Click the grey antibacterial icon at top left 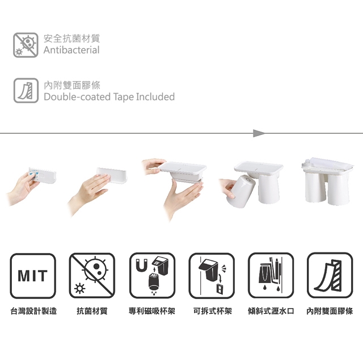(x=26, y=45)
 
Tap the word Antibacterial (x=71, y=50)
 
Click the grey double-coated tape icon (x=26, y=91)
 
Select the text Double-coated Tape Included (x=109, y=97)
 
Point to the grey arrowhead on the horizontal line (x=259, y=133)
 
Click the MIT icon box (x=33, y=276)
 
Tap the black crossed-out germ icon (x=92, y=276)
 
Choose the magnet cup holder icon (x=152, y=276)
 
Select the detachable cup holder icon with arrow (x=212, y=276)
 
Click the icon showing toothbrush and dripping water (x=271, y=276)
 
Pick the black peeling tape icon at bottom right (x=330, y=276)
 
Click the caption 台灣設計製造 (x=34, y=311)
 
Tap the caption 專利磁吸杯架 (x=152, y=311)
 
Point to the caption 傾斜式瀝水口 (x=271, y=311)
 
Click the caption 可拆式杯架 (x=212, y=311)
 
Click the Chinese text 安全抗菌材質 (x=72, y=39)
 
